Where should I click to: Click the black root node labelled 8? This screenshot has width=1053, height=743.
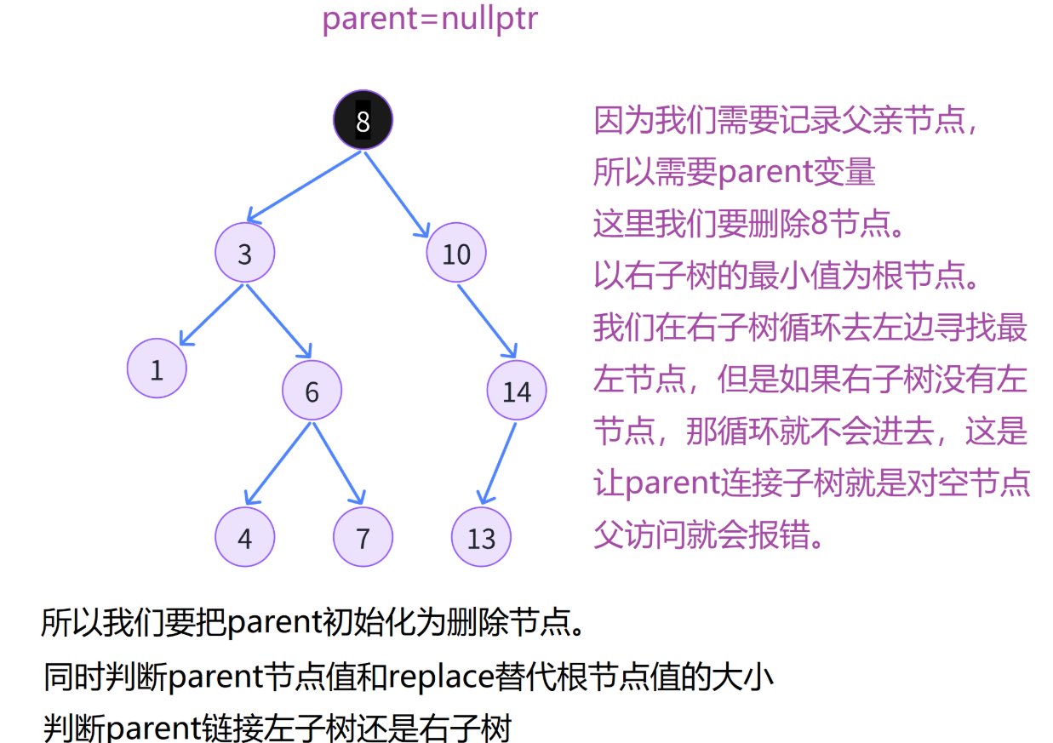click(363, 121)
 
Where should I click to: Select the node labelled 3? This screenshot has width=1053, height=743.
click(244, 253)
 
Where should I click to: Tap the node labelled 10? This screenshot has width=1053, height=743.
click(456, 253)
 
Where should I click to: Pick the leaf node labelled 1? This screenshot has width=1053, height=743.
click(157, 369)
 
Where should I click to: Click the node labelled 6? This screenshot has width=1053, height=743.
click(312, 391)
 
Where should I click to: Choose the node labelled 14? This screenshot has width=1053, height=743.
click(516, 391)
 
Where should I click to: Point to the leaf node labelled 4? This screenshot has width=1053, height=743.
click(244, 538)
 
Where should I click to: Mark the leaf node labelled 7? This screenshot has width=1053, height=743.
click(363, 538)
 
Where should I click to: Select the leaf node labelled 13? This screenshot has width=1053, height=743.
click(481, 538)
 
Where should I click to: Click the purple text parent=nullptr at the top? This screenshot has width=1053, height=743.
click(430, 18)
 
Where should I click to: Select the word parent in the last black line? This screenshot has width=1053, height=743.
click(152, 729)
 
